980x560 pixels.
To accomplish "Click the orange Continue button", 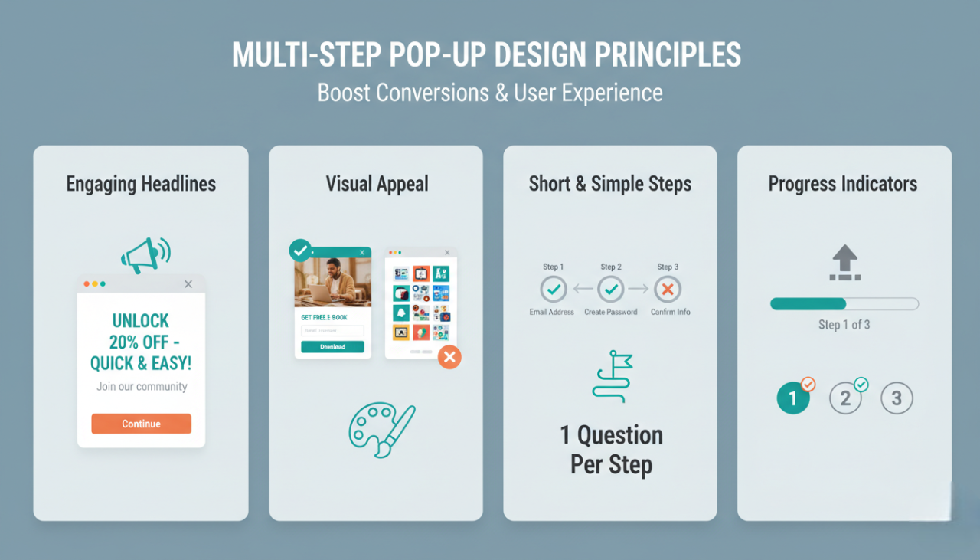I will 141,424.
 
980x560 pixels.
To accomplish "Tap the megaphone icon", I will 145,254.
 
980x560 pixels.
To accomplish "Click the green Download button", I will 332,346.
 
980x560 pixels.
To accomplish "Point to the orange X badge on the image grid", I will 449,357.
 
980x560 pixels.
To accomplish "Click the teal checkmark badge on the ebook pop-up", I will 300,251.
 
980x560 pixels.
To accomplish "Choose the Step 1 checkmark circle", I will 553,290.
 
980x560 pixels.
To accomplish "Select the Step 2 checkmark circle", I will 610,290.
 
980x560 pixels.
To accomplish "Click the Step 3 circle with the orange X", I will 668,290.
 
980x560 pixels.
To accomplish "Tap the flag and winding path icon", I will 612,376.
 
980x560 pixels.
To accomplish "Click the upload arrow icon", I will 844,263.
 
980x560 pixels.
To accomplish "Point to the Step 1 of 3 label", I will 844,325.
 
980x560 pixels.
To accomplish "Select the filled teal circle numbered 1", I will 793,398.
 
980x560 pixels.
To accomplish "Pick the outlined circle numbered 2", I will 845,398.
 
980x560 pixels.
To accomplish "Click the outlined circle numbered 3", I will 897,398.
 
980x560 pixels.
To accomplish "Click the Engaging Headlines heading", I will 141,184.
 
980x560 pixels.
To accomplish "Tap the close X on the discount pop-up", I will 188,284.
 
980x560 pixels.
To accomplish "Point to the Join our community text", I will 142,387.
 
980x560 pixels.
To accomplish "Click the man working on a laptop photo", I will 332,282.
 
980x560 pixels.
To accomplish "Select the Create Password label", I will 610,313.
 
